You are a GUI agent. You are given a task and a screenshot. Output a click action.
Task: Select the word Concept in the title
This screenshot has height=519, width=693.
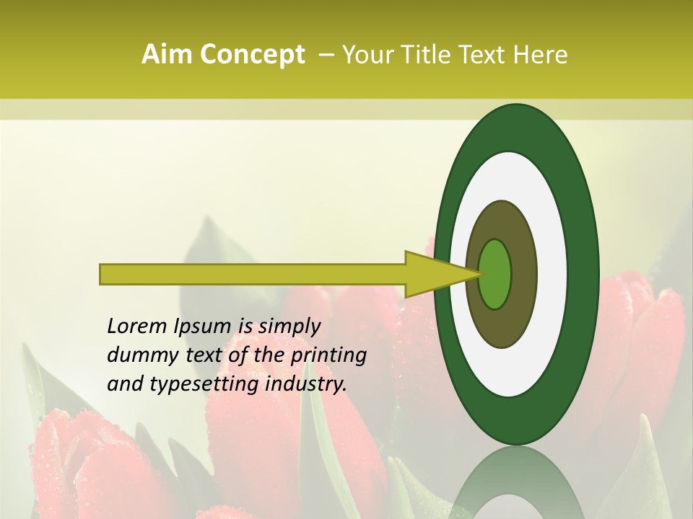(252, 55)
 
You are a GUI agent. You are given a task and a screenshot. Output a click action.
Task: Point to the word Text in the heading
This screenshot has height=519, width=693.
(484, 55)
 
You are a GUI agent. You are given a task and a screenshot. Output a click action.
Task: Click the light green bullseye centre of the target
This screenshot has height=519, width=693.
(494, 274)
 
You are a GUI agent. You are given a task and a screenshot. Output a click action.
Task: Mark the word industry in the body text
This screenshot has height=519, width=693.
(306, 385)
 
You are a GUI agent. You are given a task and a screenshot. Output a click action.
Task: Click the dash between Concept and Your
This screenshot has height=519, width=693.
(326, 55)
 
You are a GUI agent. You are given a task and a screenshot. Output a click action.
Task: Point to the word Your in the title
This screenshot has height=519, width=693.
(366, 55)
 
